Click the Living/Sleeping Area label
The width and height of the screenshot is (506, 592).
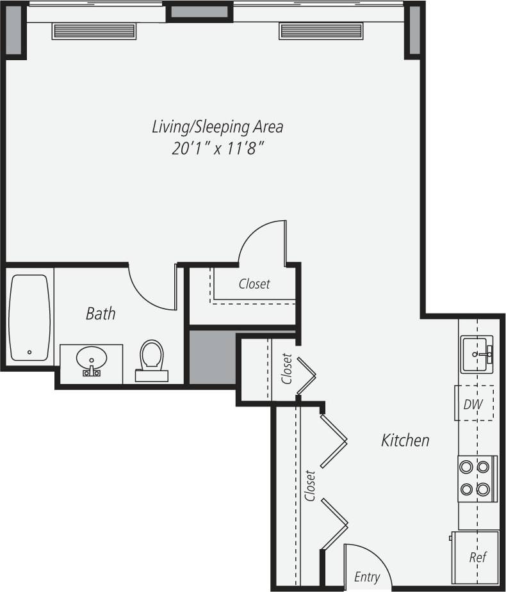[217, 126]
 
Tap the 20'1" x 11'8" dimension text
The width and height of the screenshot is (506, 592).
[217, 149]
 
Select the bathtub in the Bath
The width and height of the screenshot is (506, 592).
[29, 317]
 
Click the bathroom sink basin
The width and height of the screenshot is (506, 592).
[91, 357]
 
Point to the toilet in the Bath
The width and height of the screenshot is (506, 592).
[152, 358]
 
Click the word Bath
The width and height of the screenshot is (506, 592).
[101, 314]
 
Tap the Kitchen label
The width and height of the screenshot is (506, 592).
[405, 440]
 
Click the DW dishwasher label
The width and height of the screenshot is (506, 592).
[474, 403]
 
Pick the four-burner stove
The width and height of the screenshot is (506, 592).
[477, 479]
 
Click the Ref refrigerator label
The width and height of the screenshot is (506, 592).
[477, 557]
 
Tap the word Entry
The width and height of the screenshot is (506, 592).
[367, 577]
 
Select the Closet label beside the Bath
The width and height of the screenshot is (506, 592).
[254, 284]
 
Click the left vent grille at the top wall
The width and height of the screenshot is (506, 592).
[94, 31]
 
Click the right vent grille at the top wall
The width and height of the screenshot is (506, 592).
[321, 31]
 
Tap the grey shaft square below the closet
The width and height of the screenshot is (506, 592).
[212, 357]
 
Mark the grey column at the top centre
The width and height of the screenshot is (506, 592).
[199, 12]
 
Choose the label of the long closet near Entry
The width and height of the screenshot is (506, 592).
[311, 486]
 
